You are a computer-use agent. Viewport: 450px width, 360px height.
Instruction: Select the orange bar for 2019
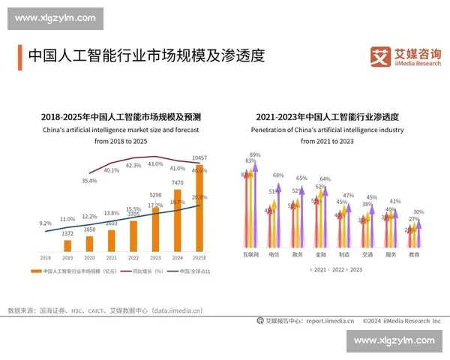pos(68,245)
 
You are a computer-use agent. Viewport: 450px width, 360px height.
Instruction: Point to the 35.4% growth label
pos(68,181)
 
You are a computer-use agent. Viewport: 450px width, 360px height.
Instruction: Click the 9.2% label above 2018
pos(45,223)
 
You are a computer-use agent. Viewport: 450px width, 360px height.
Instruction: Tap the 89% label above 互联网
pos(255,155)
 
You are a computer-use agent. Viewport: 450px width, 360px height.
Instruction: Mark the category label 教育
pos(415,255)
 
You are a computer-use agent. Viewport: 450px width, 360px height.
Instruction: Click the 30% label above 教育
pos(418,212)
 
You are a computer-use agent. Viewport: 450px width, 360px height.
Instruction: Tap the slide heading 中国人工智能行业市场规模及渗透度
pos(146,56)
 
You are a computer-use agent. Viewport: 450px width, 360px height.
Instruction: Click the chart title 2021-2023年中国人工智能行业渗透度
pos(326,118)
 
